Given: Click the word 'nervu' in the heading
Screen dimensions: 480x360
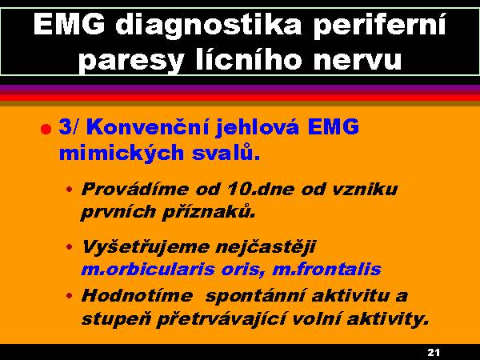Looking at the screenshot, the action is point(358,60).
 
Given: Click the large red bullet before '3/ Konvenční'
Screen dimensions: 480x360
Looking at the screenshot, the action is point(46,129).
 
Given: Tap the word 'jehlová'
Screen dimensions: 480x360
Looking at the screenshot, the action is point(258,126).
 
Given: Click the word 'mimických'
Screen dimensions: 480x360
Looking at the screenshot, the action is point(122,153).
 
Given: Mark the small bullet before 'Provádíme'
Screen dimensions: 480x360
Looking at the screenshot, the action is point(70,189).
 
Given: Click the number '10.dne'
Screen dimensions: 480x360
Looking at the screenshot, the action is point(261,189).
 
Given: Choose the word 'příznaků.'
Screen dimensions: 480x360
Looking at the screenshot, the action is point(208,212).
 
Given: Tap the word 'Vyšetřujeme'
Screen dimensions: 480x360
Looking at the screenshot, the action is point(145,246).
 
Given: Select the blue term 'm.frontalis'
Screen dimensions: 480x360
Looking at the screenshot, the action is point(326,269).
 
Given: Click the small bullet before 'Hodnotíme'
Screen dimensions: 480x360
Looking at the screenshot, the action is point(70,296).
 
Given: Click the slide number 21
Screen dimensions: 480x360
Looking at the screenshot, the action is point(433,353).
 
